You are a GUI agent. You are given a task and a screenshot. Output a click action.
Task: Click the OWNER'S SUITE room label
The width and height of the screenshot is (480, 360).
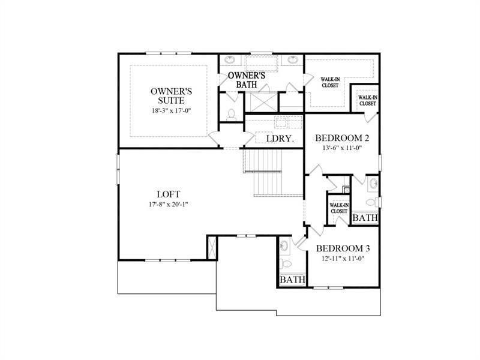pos(171,96)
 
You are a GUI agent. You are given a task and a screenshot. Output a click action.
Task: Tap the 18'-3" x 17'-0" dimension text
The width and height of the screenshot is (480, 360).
pos(171,112)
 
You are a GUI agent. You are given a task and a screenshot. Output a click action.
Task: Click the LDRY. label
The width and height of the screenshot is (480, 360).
pos(279,139)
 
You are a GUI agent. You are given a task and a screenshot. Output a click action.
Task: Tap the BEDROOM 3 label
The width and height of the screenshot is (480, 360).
pos(343,248)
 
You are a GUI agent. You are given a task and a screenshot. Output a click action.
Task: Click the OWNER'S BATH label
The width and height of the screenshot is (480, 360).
pos(246,80)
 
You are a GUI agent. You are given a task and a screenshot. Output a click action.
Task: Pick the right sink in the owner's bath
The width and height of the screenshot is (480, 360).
pos(292,60)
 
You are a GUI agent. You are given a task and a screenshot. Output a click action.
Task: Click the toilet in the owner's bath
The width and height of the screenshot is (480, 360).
pos(231,113)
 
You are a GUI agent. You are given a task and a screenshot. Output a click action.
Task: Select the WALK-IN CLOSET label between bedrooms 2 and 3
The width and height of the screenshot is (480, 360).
pos(339,208)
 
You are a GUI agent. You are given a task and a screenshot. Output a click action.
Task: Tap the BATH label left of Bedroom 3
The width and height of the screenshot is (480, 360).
pos(293,280)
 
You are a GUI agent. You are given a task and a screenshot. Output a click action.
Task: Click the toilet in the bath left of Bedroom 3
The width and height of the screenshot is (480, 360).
pos(286,263)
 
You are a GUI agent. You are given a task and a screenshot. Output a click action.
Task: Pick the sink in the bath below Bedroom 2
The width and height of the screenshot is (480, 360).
pos(373,183)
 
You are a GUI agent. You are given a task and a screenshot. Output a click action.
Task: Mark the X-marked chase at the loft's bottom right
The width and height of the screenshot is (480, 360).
pos(211,247)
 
